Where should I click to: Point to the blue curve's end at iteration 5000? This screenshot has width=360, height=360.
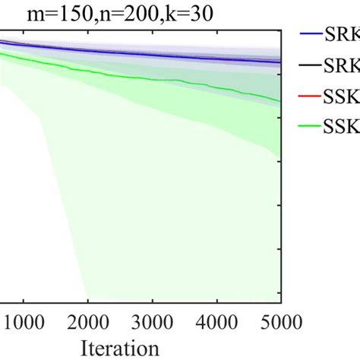(281, 62)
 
